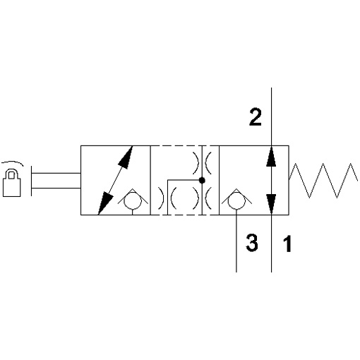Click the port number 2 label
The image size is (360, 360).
[256, 117]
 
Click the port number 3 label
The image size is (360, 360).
[252, 243]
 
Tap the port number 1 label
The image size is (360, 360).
[287, 244]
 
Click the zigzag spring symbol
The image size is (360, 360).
[323, 181]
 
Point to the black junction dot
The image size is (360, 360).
[202, 181]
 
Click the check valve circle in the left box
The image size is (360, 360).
[133, 200]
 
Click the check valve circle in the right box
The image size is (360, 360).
[236, 200]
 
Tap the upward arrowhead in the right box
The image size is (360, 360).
[271, 156]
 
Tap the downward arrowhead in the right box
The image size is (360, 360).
[271, 204]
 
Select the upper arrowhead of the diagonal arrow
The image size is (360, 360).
[126, 157]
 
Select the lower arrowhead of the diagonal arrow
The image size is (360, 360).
[104, 203]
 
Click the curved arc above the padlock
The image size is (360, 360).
[12, 163]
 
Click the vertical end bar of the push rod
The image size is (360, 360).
[31, 181]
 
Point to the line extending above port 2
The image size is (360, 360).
[271, 116]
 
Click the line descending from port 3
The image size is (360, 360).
[236, 241]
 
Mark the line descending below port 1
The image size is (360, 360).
[271, 244]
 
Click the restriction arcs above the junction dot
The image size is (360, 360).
[202, 163]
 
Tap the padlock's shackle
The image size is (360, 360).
[12, 174]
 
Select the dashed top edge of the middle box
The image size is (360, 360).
[185, 146]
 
